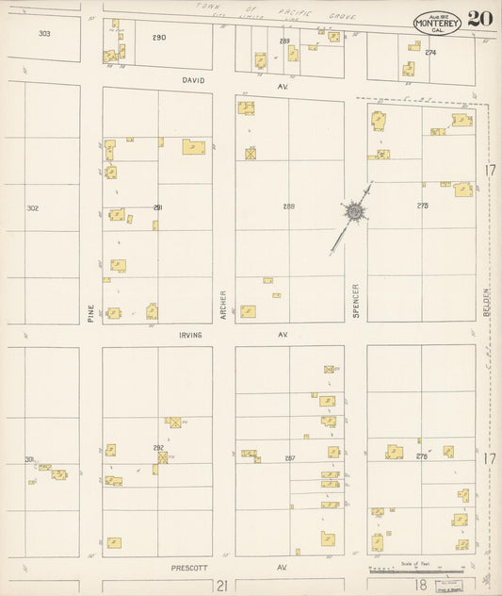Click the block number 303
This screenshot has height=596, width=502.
43,34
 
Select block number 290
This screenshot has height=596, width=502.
158,38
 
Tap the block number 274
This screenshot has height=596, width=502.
430,53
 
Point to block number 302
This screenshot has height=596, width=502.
33,208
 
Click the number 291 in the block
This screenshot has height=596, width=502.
158,207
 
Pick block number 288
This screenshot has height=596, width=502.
289,206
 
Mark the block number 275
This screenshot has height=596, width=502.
422,206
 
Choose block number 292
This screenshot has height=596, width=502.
158,448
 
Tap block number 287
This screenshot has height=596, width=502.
289,457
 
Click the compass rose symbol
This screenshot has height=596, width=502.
353,213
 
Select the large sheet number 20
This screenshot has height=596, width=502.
478,19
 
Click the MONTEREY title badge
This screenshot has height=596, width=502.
436,23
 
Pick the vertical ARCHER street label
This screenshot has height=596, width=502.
224,304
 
